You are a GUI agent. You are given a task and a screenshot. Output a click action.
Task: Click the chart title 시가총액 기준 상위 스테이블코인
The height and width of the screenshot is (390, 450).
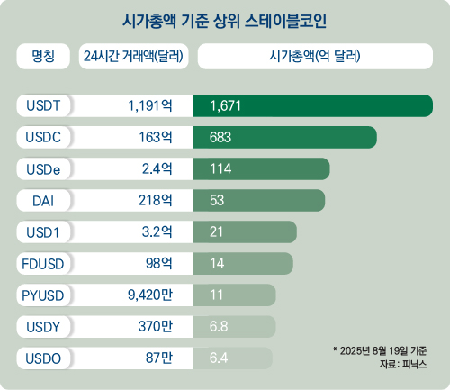[x=225, y=19]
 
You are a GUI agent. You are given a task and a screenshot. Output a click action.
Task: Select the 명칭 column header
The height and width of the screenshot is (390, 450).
[x=43, y=57]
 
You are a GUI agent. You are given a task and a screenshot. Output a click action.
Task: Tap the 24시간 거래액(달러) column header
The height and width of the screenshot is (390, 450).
[x=132, y=57]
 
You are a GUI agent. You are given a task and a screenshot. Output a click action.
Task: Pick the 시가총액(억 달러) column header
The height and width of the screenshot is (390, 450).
[x=314, y=57]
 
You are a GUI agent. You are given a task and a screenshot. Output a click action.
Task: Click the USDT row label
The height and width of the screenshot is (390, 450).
[x=41, y=105]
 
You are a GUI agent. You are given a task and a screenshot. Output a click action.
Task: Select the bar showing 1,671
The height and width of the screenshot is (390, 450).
[x=315, y=105]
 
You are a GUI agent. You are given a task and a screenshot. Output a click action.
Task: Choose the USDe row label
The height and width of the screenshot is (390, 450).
[x=41, y=169]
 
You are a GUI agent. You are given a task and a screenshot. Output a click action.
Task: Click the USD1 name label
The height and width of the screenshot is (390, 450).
[x=41, y=232]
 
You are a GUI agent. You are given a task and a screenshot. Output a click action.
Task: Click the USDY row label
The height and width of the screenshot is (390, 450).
[x=41, y=326]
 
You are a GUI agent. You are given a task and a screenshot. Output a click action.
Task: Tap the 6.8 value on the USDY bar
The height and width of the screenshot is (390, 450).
[x=218, y=326]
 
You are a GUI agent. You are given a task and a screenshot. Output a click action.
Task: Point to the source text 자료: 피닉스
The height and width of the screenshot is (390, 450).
[x=402, y=364]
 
